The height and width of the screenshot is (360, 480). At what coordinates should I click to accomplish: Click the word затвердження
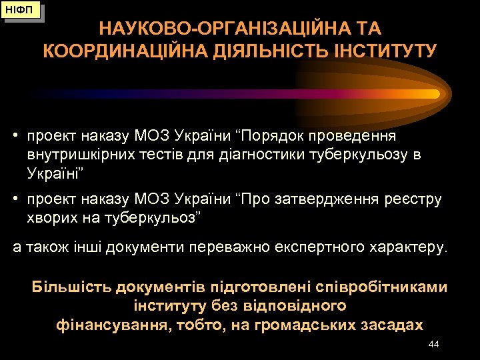coord(321,199)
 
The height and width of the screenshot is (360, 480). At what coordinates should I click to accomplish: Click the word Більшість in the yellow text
coord(71,287)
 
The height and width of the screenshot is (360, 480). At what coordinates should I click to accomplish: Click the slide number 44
coord(433,344)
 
